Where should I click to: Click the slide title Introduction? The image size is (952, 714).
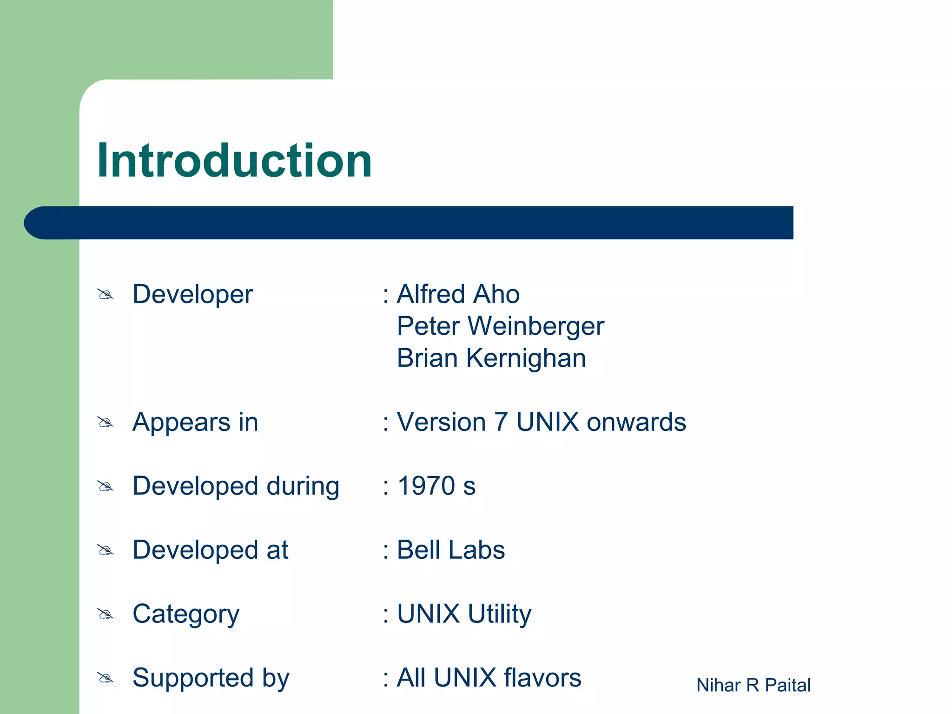click(x=234, y=161)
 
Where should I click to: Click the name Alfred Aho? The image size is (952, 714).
click(x=458, y=294)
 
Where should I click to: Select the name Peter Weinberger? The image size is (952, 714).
click(x=500, y=326)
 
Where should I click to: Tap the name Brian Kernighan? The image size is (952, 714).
click(x=491, y=358)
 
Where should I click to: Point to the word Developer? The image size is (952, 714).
click(x=192, y=295)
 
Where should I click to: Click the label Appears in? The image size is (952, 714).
click(x=195, y=423)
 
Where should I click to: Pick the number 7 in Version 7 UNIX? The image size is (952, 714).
click(x=501, y=423)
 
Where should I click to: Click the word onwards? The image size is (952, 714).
click(x=636, y=423)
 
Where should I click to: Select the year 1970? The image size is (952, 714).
click(x=426, y=486)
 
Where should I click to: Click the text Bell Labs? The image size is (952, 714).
click(x=450, y=550)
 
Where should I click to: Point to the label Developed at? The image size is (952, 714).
click(x=210, y=550)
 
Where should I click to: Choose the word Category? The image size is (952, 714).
click(x=186, y=615)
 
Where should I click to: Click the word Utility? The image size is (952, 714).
click(x=499, y=615)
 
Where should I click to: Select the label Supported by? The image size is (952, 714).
click(x=211, y=678)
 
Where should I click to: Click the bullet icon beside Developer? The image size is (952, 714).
click(x=106, y=295)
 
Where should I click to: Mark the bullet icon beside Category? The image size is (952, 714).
click(x=106, y=615)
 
